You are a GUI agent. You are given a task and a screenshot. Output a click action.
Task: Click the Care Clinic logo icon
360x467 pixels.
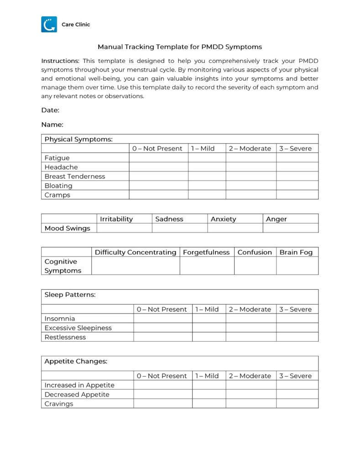pyautogui.click(x=49, y=24)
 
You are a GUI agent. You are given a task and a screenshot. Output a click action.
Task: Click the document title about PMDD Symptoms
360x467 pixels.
pyautogui.click(x=180, y=47)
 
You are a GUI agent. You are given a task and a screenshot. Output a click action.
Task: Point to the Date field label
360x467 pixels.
pyautogui.click(x=50, y=110)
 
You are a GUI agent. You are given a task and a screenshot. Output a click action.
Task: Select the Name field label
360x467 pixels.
pyautogui.click(x=52, y=125)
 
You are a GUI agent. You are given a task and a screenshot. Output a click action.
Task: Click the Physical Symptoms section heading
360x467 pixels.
pyautogui.click(x=78, y=139)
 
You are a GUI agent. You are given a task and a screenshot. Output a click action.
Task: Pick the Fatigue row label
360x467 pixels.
pyautogui.click(x=57, y=158)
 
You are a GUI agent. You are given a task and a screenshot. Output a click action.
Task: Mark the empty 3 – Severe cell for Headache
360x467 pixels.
pyautogui.click(x=297, y=167)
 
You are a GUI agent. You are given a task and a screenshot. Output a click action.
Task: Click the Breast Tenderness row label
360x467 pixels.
pyautogui.click(x=75, y=176)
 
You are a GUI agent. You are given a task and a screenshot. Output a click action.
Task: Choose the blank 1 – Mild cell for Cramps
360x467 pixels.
pyautogui.click(x=207, y=195)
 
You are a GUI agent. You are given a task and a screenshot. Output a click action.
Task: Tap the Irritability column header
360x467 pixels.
pyautogui.click(x=116, y=219)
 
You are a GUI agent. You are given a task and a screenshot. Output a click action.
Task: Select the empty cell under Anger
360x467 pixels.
pyautogui.click(x=290, y=228)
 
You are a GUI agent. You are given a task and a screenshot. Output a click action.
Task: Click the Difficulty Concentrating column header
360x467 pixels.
pyautogui.click(x=136, y=252)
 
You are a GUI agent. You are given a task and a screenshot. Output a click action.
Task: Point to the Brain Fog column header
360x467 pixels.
pyautogui.click(x=296, y=252)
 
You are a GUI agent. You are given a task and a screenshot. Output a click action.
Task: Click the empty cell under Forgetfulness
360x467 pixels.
pyautogui.click(x=207, y=265)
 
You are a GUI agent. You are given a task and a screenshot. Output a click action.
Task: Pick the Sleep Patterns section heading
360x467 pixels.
pyautogui.click(x=70, y=295)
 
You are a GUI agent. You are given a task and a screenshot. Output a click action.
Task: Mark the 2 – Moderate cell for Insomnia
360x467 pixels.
pyautogui.click(x=250, y=318)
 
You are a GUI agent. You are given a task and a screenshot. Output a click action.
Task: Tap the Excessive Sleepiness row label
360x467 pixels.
pyautogui.click(x=78, y=327)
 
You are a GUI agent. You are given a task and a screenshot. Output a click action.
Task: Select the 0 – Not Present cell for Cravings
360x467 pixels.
pyautogui.click(x=162, y=404)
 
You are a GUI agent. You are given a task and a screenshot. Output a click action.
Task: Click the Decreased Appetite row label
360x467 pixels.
pyautogui.click(x=77, y=394)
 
